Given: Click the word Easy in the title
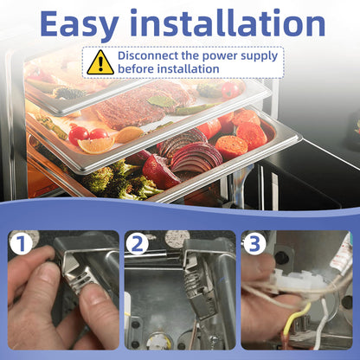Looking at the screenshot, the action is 80,25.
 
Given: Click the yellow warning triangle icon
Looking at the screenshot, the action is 100,62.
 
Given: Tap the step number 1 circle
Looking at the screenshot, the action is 21,244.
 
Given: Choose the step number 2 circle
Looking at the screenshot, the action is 138,244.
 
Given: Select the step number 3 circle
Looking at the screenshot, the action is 254,244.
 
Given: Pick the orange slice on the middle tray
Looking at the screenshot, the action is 96,145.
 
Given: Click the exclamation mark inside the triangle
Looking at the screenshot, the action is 100,64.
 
